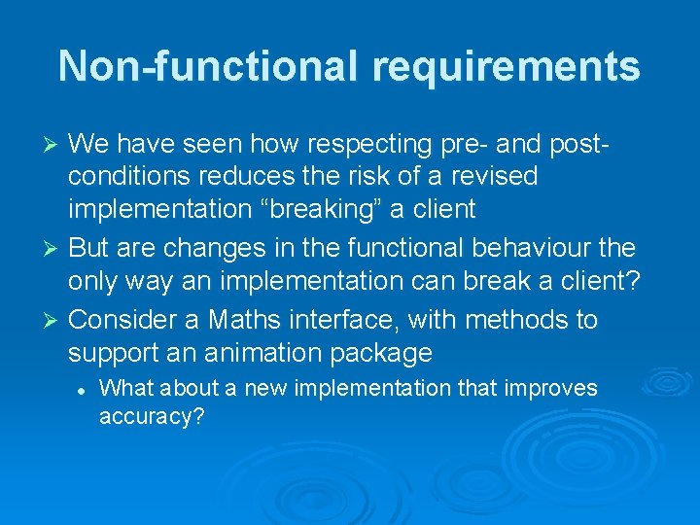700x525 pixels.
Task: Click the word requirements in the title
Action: pyautogui.click(x=506, y=66)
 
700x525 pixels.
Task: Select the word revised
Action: pyautogui.click(x=490, y=177)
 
